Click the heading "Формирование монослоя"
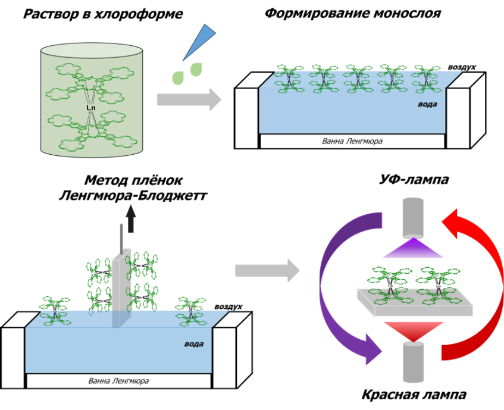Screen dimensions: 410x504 (352, 13)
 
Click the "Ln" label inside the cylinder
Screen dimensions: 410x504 (91, 108)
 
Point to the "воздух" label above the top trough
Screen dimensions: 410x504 (461, 68)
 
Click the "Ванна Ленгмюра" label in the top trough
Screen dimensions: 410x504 (352, 142)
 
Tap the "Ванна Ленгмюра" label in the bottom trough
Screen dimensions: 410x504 (118, 380)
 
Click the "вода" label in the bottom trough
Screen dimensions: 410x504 (194, 343)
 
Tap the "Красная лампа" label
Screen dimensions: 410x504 (414, 395)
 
